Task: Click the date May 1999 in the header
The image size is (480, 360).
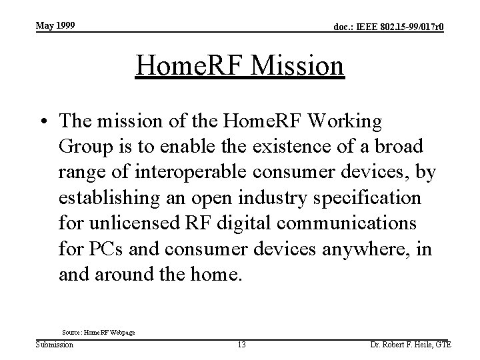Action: pyautogui.click(x=55, y=25)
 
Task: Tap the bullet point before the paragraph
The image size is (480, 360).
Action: pyautogui.click(x=45, y=122)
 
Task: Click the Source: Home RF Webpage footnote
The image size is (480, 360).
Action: pyautogui.click(x=98, y=331)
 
